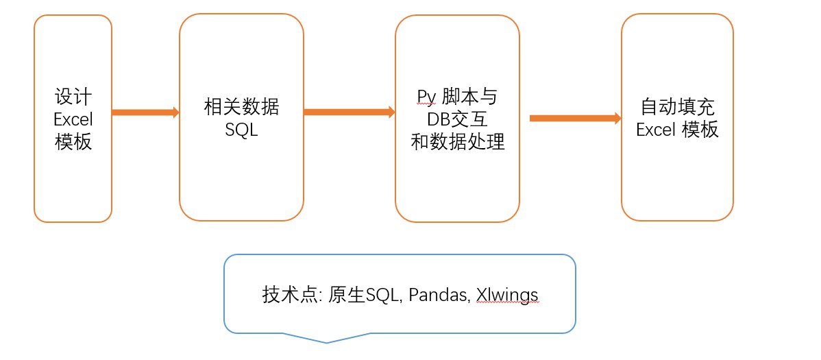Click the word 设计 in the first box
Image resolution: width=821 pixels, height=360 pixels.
coord(73,96)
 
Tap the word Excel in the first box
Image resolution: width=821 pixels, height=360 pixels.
coord(73,119)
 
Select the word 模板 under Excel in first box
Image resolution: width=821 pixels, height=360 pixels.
coord(73,143)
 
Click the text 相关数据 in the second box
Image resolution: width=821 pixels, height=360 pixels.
coord(241,107)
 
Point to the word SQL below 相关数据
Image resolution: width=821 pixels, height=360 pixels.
coord(241,130)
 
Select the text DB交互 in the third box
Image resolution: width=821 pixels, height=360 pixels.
coord(457,119)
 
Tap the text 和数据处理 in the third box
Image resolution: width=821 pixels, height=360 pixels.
coord(457,143)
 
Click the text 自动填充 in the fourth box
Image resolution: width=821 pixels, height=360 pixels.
coord(677,107)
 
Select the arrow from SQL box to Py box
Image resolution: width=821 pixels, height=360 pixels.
coord(349,112)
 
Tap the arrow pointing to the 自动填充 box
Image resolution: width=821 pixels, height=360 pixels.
coord(575,118)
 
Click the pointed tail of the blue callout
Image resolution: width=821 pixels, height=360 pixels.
coord(327,340)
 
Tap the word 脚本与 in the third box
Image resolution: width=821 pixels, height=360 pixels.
coord(469,97)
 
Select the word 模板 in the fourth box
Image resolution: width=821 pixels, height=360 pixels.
coord(700,130)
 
